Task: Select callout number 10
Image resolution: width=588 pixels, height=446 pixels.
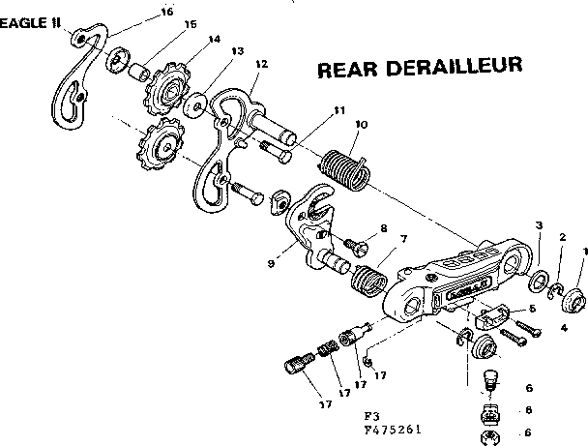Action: point(361,124)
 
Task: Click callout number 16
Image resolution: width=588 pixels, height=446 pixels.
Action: point(167,12)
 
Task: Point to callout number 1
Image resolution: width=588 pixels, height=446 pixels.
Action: point(583,252)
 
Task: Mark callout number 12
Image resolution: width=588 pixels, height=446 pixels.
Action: point(260,64)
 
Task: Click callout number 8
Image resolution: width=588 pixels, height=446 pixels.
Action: point(383,228)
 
